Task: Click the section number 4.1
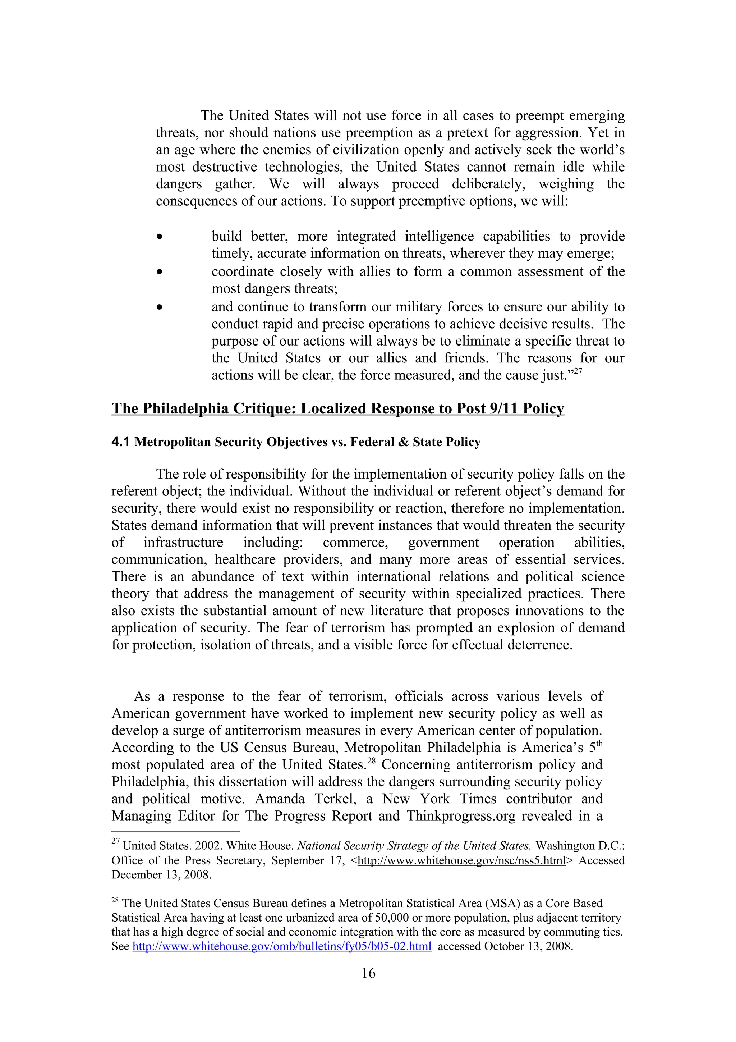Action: coord(121,442)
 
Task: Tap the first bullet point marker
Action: coord(159,237)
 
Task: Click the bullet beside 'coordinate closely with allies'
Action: coord(159,272)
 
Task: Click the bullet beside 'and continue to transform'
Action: coord(159,308)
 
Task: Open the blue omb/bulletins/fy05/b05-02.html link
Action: coord(282,947)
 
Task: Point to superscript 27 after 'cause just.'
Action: coord(578,371)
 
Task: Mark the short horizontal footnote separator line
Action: coord(175,832)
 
